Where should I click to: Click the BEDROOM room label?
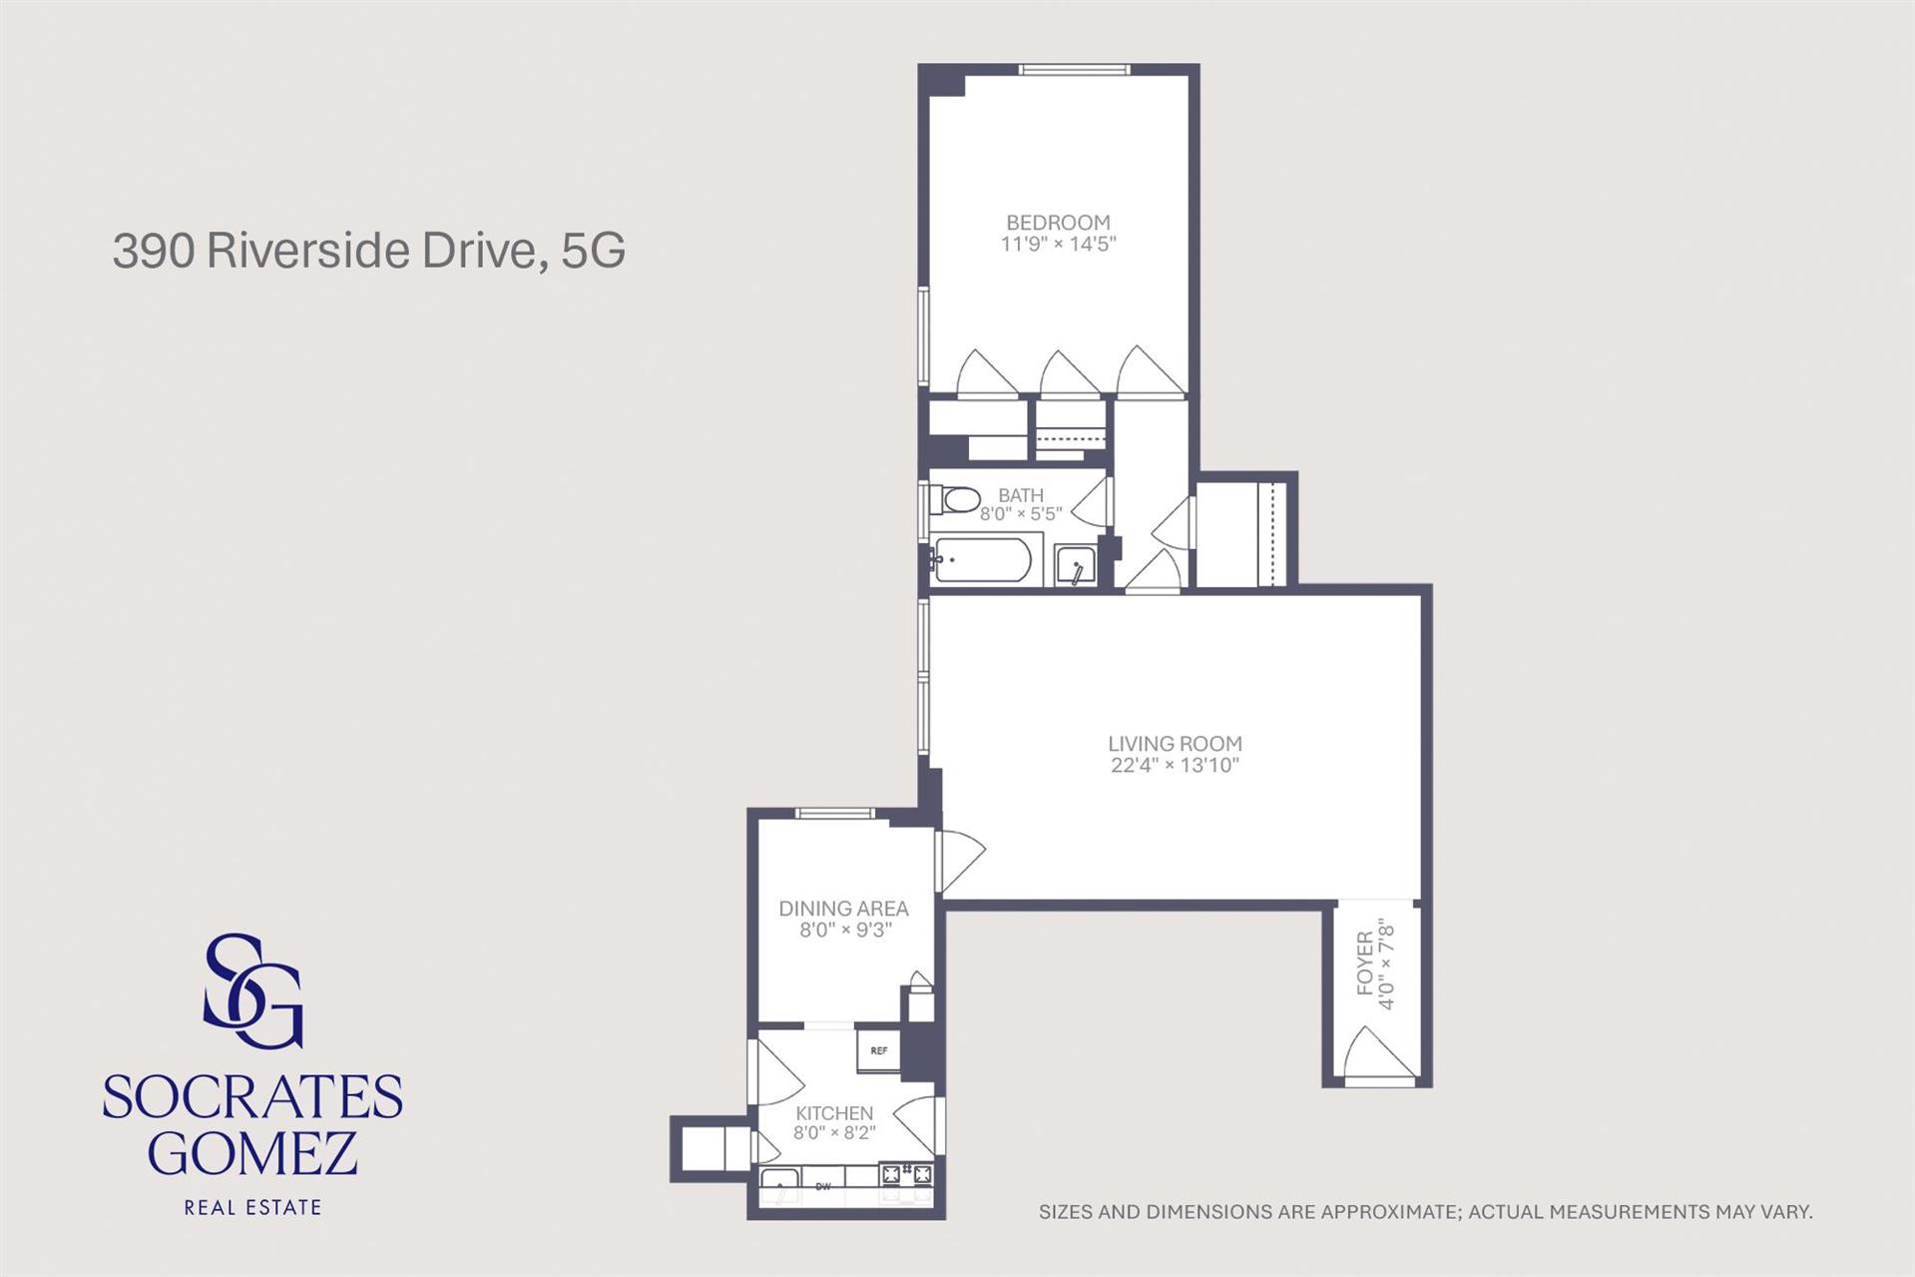(x=1058, y=223)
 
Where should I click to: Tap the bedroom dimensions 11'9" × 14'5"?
(x=1058, y=244)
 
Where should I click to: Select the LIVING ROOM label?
(x=1175, y=744)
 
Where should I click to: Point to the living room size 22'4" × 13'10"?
(x=1175, y=766)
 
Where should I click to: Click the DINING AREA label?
(x=843, y=909)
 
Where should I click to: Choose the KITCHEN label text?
(x=834, y=1113)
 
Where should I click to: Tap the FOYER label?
(x=1364, y=964)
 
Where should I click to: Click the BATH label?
(x=1021, y=495)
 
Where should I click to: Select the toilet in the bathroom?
(x=955, y=499)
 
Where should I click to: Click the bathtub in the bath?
(x=981, y=561)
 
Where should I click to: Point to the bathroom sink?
(x=1076, y=566)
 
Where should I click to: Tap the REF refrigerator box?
(x=878, y=1050)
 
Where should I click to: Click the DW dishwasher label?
(x=823, y=1186)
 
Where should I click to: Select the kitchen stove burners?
(x=906, y=1174)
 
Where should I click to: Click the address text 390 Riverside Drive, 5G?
(x=369, y=251)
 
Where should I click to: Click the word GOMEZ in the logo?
(x=252, y=1153)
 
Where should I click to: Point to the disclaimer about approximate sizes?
(x=1425, y=1212)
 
